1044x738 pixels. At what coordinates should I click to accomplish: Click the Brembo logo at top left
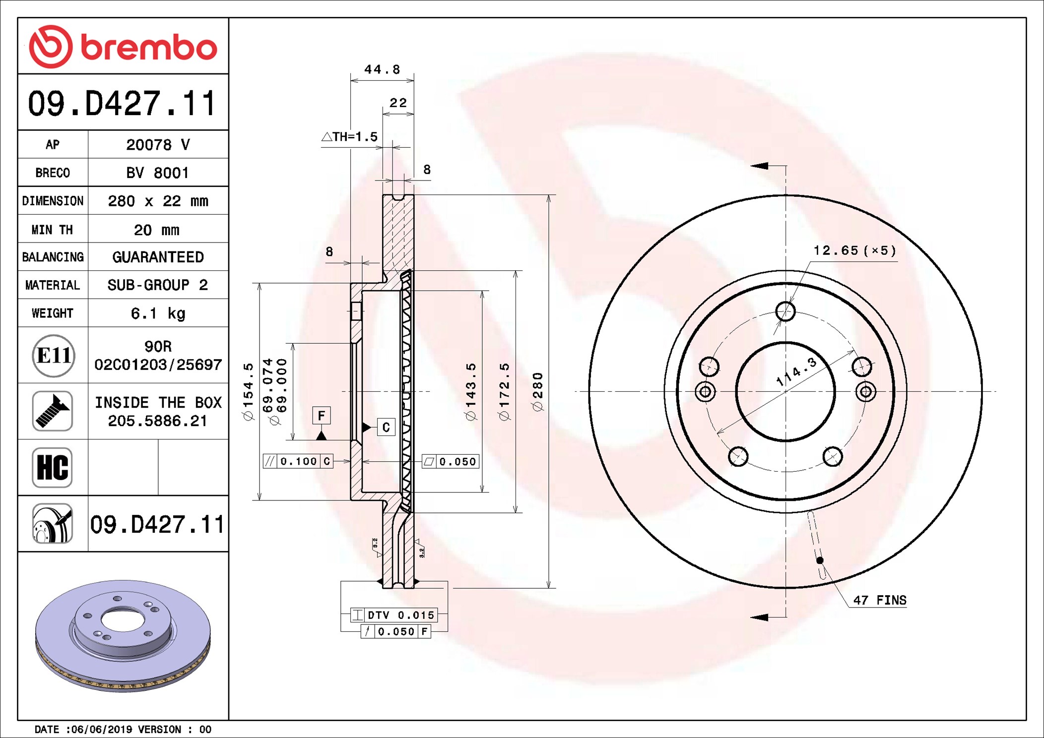(x=123, y=47)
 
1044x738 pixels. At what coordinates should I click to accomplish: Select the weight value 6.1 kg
(x=158, y=313)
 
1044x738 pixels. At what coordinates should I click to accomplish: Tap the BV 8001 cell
(x=158, y=173)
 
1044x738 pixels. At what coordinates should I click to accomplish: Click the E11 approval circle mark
(x=54, y=355)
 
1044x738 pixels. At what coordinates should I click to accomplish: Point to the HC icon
(x=53, y=467)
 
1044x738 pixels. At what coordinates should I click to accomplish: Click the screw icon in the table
(x=53, y=411)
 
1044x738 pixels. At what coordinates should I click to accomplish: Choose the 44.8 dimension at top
(x=382, y=69)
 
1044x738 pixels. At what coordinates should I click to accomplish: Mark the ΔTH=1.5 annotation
(x=350, y=136)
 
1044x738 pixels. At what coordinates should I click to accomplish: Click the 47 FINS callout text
(x=880, y=600)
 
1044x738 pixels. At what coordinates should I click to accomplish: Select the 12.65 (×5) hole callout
(x=855, y=250)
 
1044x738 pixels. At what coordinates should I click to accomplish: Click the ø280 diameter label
(x=538, y=392)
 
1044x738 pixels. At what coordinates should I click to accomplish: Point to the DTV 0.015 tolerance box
(x=394, y=615)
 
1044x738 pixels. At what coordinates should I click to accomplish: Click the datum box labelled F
(x=322, y=415)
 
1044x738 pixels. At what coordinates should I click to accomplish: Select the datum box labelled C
(x=386, y=427)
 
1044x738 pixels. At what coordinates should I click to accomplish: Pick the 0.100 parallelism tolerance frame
(x=298, y=461)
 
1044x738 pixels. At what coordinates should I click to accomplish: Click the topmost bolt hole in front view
(x=785, y=311)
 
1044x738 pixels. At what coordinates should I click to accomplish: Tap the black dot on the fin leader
(x=820, y=560)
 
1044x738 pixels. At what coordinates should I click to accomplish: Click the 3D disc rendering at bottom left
(x=123, y=636)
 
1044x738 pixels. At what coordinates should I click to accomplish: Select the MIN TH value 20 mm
(x=157, y=230)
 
